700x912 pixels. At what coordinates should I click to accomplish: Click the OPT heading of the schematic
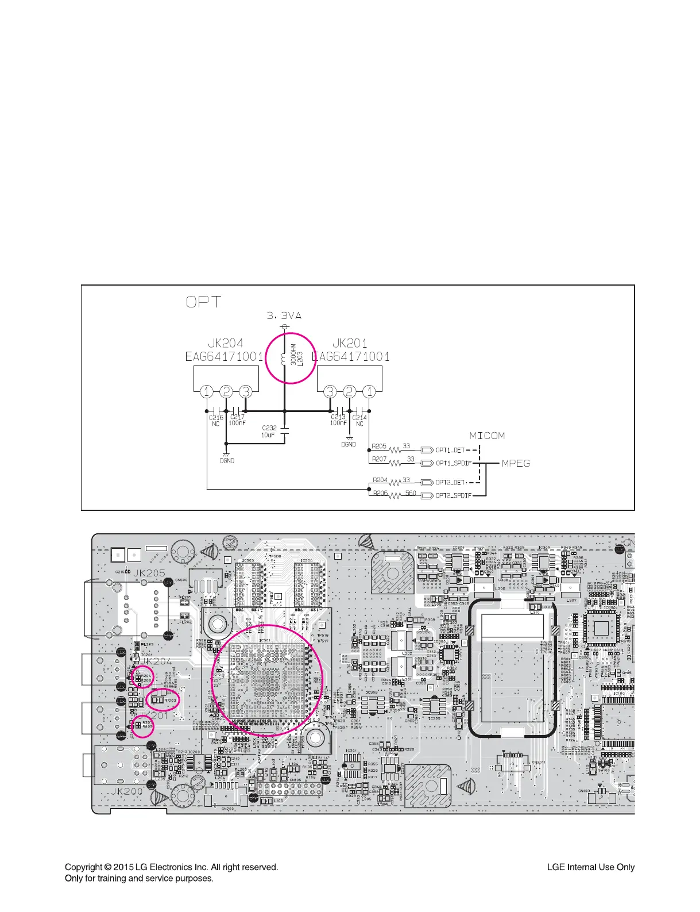click(203, 302)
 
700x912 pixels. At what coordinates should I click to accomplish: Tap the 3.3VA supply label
click(284, 315)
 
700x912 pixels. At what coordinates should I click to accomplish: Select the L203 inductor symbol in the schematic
click(283, 360)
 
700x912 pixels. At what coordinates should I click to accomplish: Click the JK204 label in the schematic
click(225, 343)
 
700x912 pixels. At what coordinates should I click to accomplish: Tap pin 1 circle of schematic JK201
click(369, 392)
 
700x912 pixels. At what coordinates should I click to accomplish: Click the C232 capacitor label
click(269, 428)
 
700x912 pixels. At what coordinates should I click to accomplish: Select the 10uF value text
click(268, 435)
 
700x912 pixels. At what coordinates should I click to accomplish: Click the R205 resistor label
click(379, 447)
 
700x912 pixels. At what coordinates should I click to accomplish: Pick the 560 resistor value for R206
click(411, 493)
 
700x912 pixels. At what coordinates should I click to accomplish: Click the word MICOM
click(487, 436)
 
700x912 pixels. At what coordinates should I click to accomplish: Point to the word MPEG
click(516, 463)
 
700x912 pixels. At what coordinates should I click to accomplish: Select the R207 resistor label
click(379, 459)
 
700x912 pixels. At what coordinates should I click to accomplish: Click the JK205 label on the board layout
click(149, 573)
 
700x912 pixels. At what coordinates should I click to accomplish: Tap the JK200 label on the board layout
click(126, 791)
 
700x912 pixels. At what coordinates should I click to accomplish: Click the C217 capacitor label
click(237, 417)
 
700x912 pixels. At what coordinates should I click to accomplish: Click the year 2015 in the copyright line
click(123, 867)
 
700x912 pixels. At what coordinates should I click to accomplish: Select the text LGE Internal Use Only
click(590, 867)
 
